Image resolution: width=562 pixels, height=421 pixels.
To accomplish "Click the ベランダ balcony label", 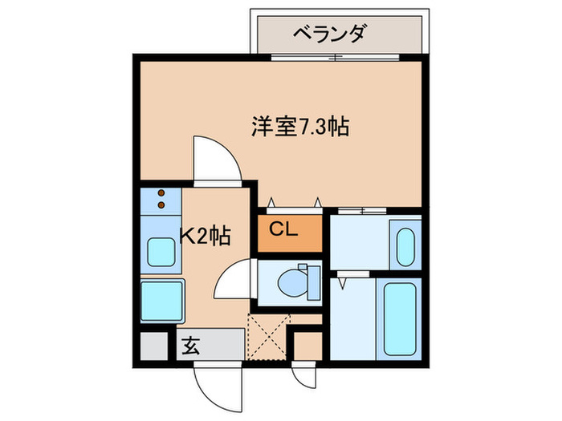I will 336,34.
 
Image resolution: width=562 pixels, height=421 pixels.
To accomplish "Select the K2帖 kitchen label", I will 205,236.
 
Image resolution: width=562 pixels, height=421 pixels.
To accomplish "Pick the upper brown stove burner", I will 161,193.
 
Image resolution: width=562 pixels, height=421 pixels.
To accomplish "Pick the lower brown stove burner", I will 161,204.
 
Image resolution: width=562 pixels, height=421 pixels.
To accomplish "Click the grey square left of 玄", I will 154,346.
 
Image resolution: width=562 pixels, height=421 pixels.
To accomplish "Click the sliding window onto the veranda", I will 338,56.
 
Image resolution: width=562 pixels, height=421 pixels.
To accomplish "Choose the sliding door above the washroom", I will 362,210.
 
